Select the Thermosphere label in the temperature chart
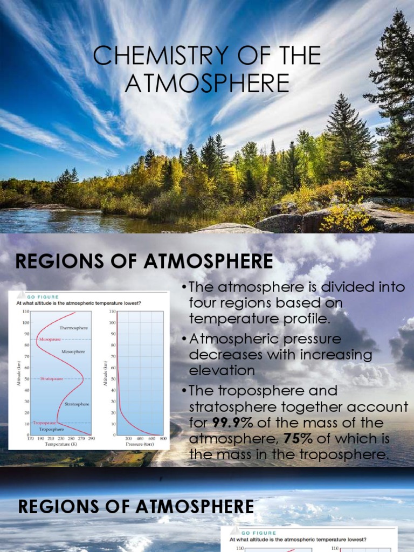[73, 327]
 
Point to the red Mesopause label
[49, 340]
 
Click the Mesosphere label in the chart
[73, 351]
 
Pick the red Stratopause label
[49, 378]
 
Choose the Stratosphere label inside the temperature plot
[77, 404]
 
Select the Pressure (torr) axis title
[141, 445]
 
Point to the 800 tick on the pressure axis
[163, 439]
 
